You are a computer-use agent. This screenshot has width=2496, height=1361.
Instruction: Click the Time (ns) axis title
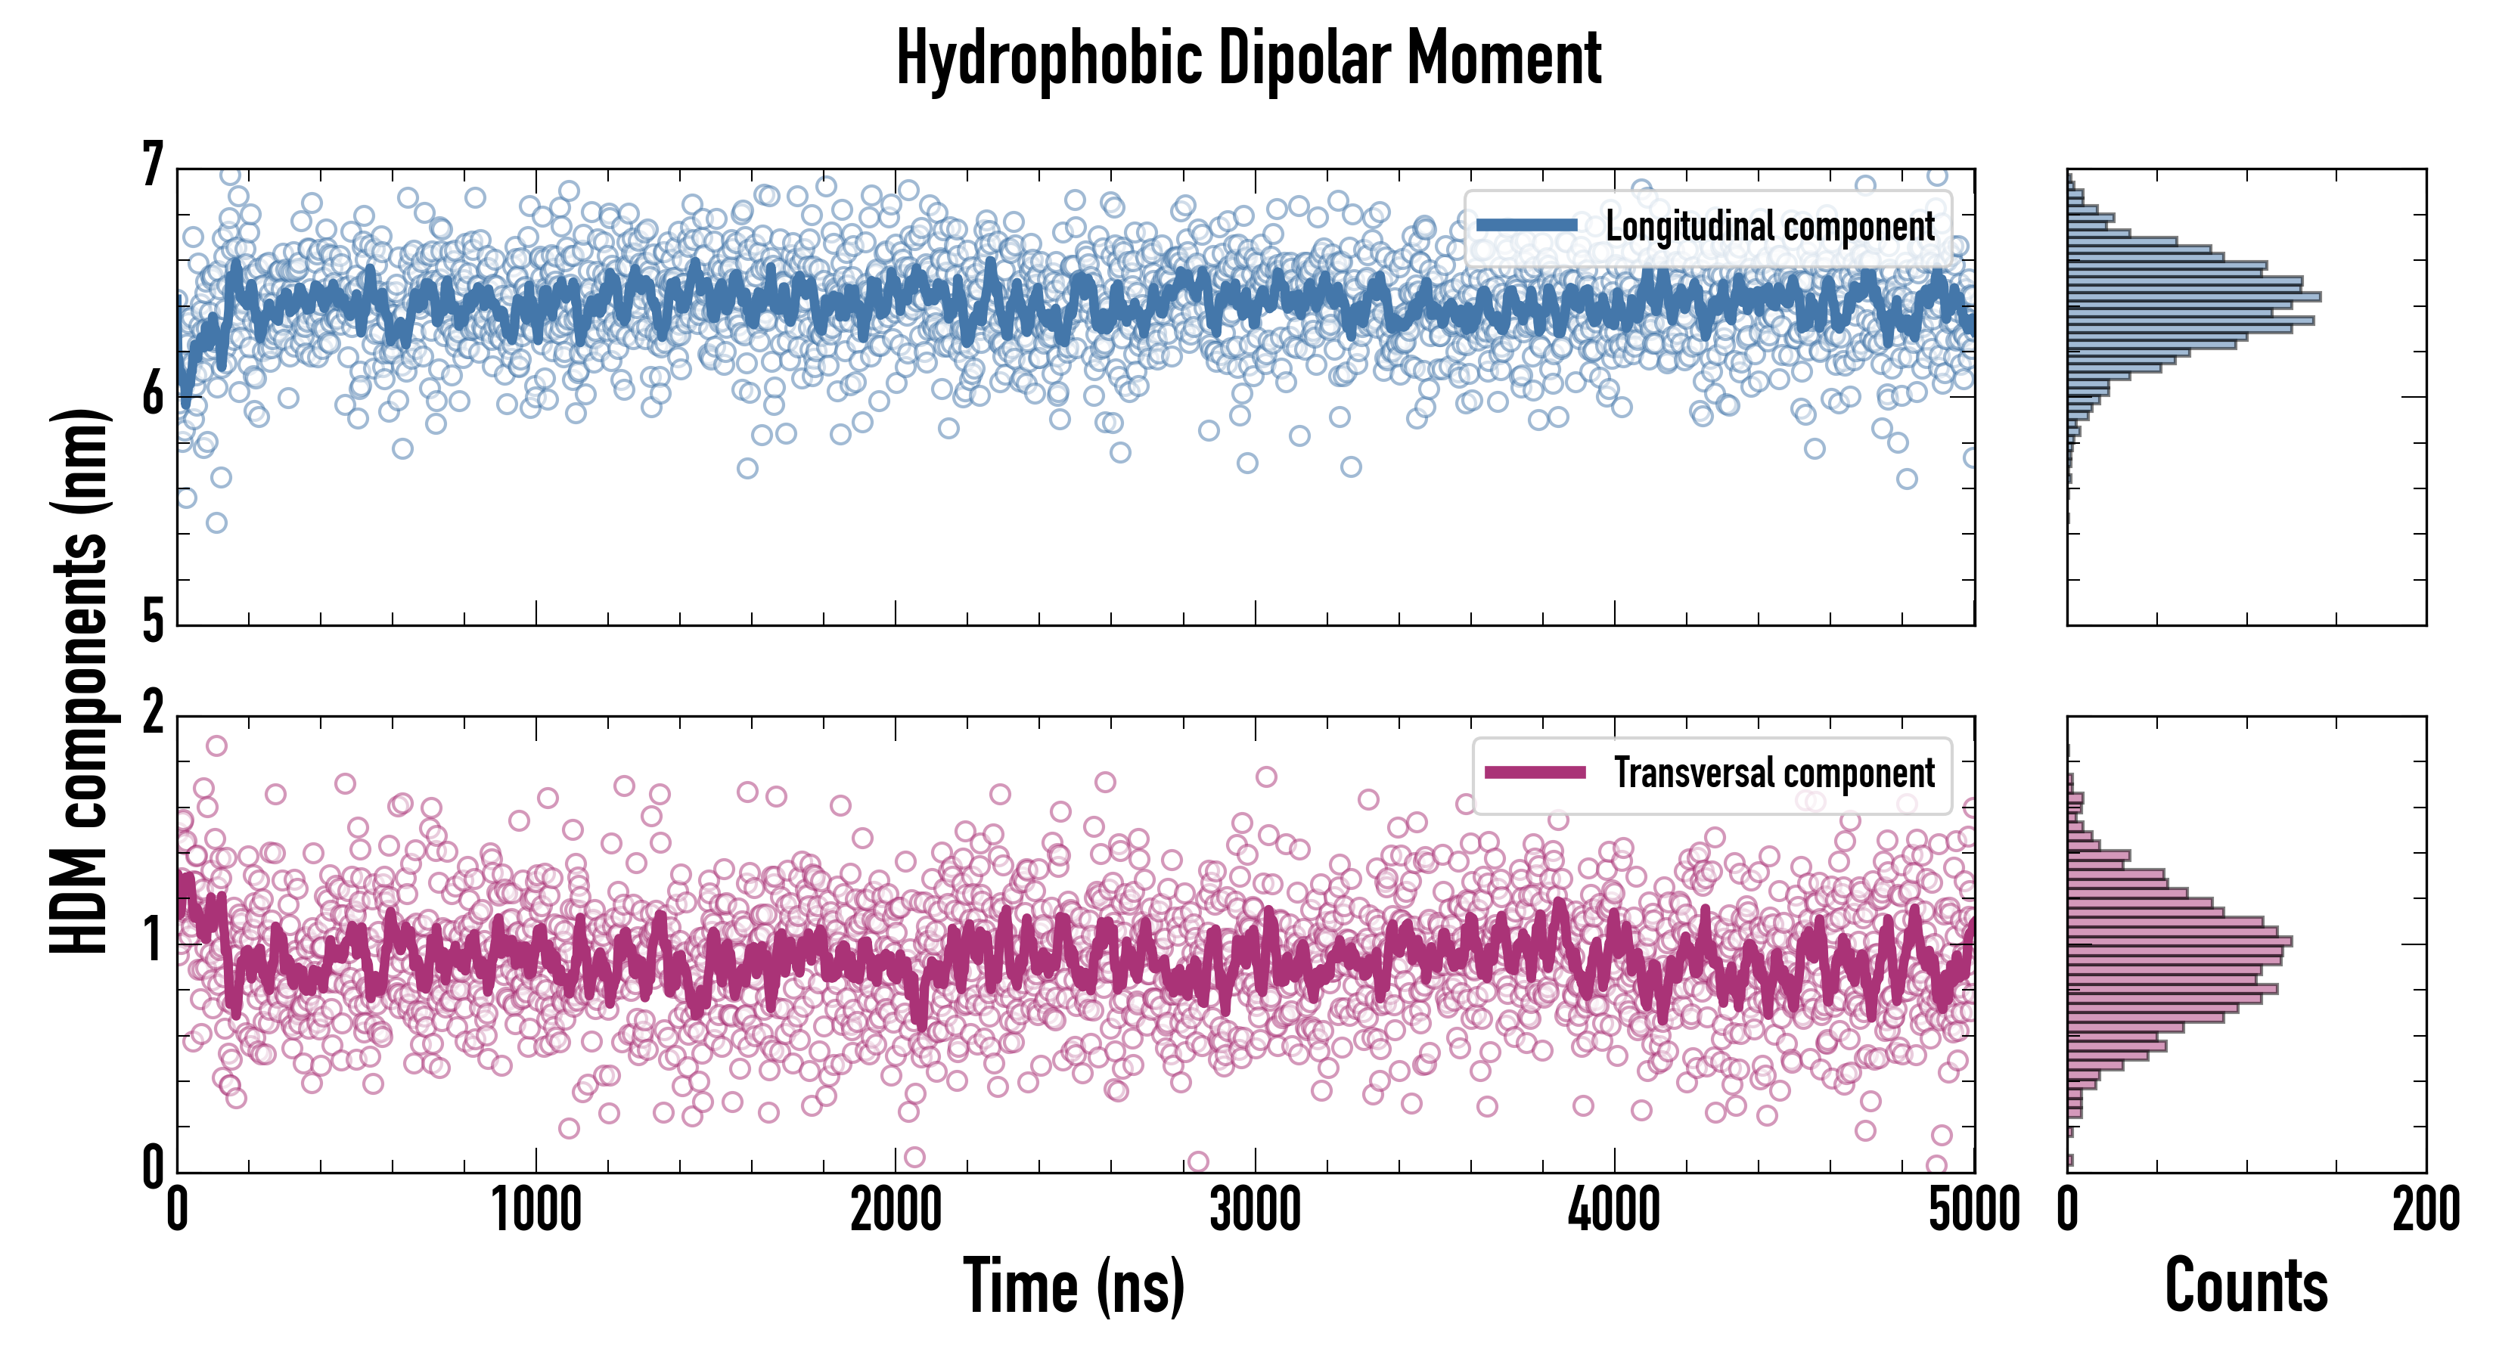(1073, 1285)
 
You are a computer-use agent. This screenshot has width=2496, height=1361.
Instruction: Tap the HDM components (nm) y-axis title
(79, 681)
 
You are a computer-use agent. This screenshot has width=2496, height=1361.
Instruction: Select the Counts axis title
(2246, 1285)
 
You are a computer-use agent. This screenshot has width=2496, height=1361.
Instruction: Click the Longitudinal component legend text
(1769, 227)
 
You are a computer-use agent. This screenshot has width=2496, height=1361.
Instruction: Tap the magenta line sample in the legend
(1535, 772)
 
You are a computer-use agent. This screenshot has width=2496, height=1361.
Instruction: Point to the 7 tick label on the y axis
(152, 166)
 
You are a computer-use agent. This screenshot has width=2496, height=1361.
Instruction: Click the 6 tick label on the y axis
(152, 394)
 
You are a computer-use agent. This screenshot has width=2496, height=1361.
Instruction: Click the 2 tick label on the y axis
(152, 714)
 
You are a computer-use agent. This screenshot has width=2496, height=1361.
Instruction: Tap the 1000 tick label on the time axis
(536, 1211)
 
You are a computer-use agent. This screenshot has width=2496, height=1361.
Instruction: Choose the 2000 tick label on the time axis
(896, 1211)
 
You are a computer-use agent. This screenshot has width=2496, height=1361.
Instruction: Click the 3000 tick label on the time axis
(1255, 1211)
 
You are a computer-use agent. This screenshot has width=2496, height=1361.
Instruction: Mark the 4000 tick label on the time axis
(1614, 1211)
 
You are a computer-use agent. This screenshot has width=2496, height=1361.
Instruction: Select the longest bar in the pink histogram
(2179, 941)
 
